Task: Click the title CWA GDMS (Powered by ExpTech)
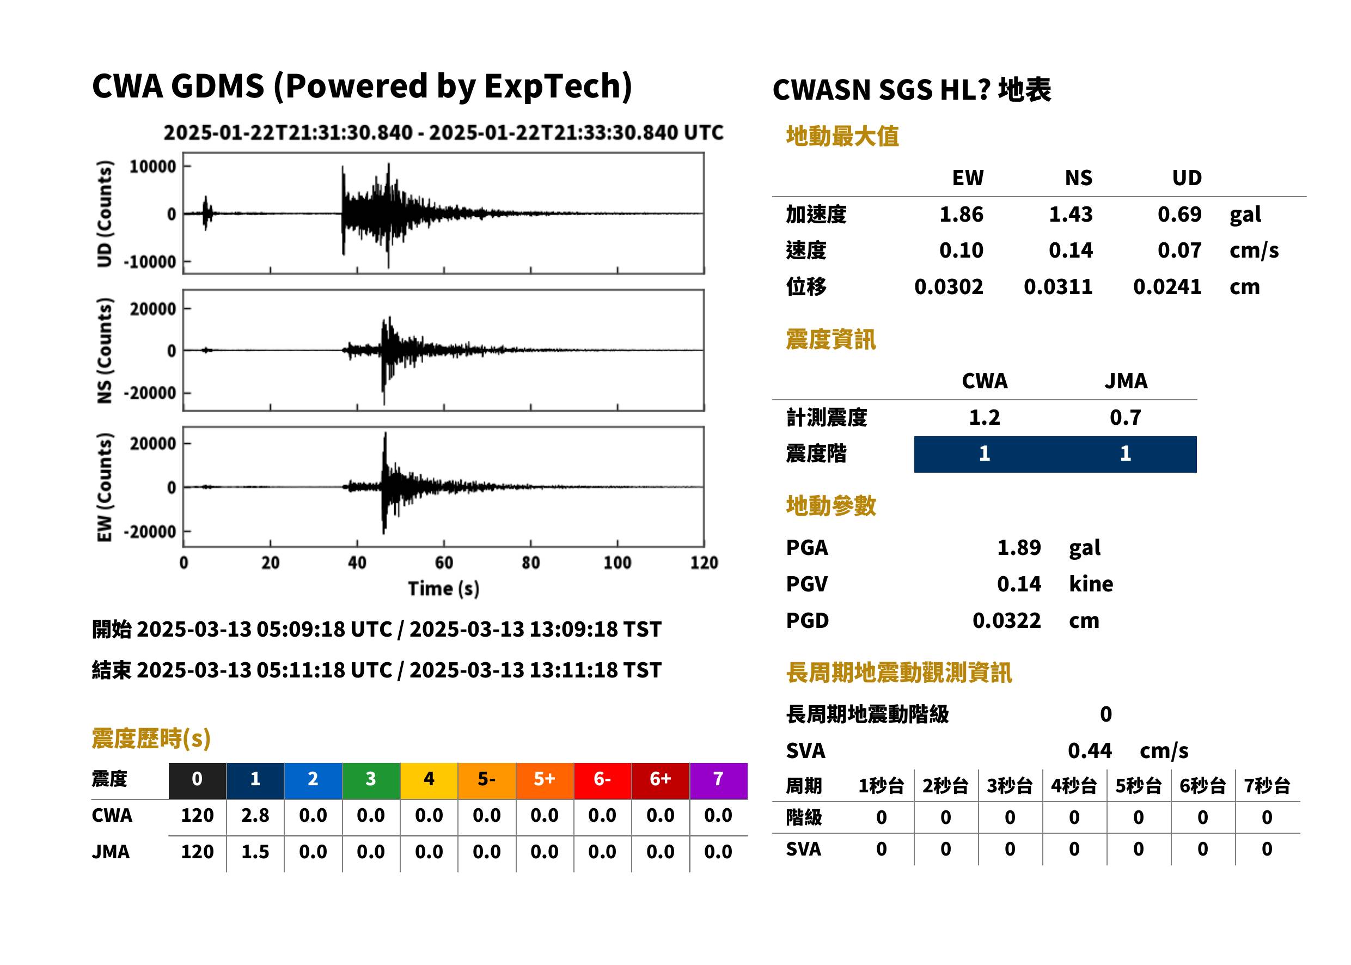pos(362,87)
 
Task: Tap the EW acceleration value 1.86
pos(961,214)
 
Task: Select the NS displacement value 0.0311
pos(1057,287)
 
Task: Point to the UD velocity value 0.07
pos(1179,250)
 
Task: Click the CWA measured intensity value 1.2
pos(985,417)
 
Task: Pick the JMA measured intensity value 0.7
pos(1125,417)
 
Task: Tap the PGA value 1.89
pos(1019,547)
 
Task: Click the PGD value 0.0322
pos(1006,620)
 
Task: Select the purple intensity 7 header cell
pos(718,780)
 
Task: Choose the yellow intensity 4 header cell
pos(429,780)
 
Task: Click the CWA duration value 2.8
pos(255,815)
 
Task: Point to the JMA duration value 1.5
pos(255,852)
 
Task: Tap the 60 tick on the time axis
pos(444,563)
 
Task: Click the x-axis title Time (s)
pos(443,589)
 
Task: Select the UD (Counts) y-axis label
pos(104,213)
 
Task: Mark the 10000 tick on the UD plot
pos(152,167)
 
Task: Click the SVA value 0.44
pos(1090,750)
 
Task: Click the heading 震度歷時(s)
pos(151,738)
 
